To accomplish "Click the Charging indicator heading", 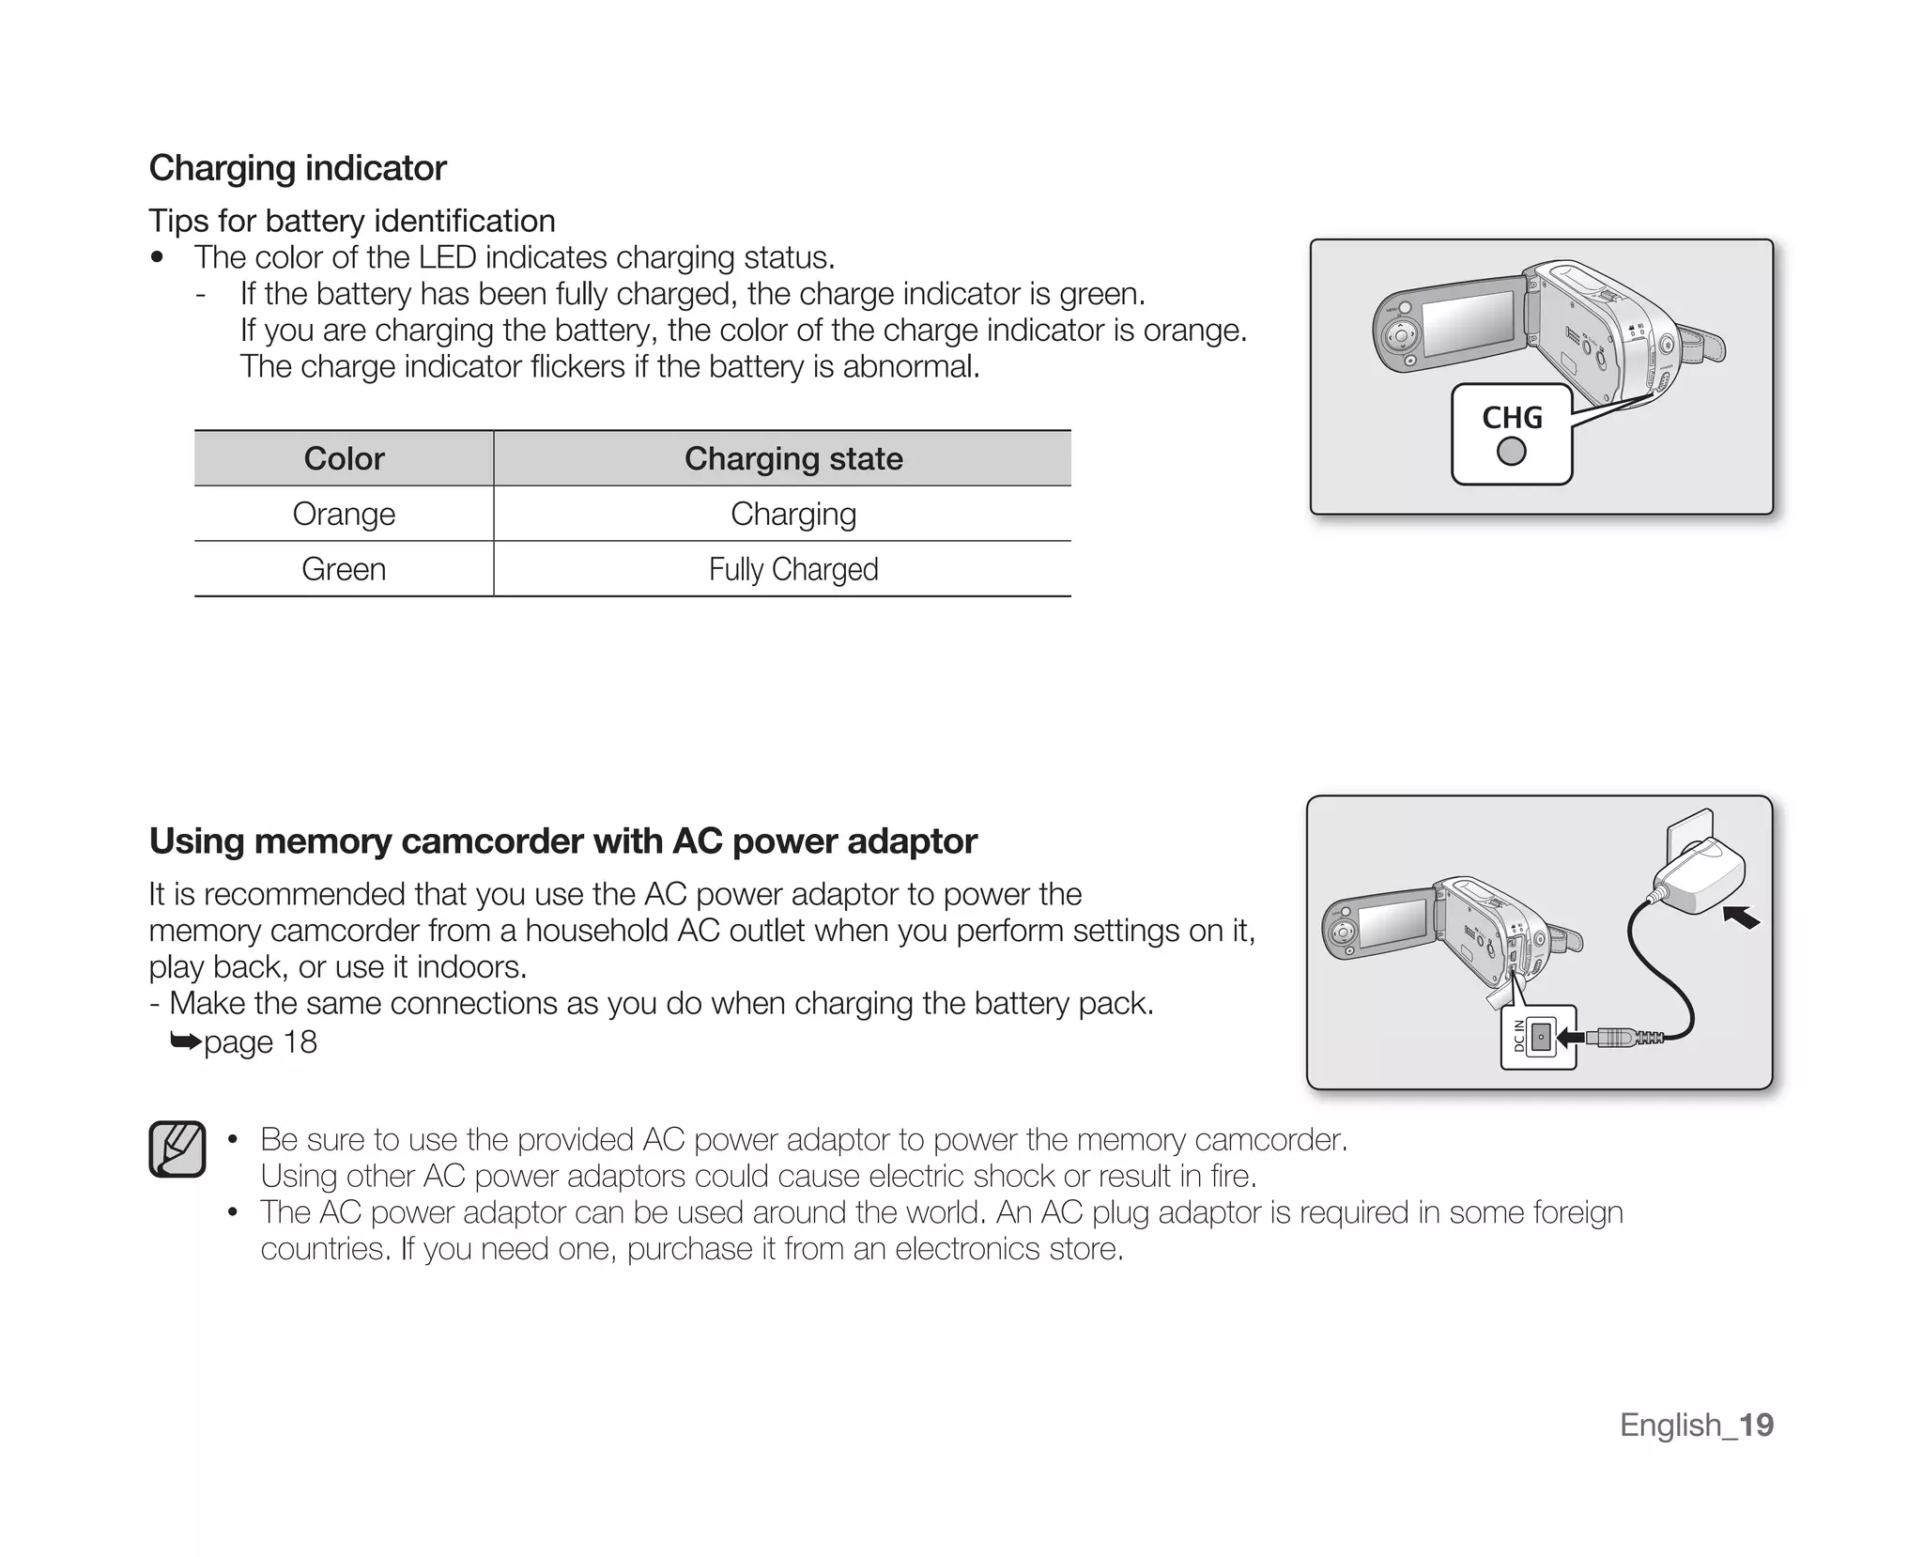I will click(x=298, y=168).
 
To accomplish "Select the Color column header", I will click(x=344, y=458).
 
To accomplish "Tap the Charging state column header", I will click(x=793, y=458).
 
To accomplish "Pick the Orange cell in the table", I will click(x=344, y=514).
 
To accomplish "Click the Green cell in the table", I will click(x=344, y=569).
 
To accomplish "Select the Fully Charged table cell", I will click(x=793, y=569).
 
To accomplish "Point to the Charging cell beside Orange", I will click(x=793, y=514).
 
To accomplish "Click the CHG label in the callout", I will click(x=1512, y=417).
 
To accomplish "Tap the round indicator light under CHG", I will click(x=1512, y=452).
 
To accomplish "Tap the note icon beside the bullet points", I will click(x=177, y=1148).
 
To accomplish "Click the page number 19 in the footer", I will click(x=1756, y=1425).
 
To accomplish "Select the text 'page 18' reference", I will click(x=260, y=1041).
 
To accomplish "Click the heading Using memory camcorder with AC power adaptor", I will click(x=563, y=840).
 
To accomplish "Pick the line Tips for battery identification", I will click(x=352, y=221).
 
